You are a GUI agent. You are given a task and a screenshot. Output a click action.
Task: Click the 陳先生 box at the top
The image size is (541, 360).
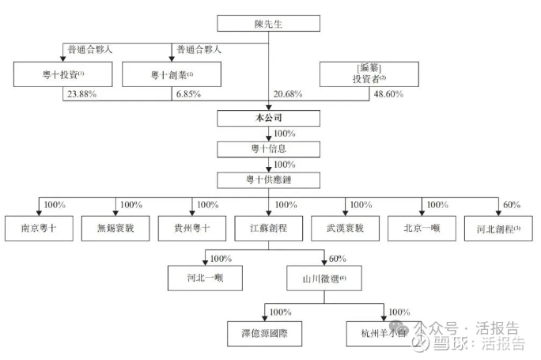pos(268,23)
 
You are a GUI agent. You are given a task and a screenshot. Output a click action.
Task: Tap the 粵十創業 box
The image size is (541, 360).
pos(172,75)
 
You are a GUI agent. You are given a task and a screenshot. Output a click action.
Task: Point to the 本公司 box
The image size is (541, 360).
pos(268,119)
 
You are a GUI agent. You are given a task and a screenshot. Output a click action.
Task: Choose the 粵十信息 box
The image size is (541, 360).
pos(268,149)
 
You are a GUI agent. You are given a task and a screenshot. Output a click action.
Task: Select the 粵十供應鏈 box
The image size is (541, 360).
pos(268,180)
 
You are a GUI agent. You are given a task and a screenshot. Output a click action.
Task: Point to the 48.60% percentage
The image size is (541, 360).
pos(388,95)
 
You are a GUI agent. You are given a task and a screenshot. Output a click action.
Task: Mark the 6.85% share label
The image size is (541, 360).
pos(187,95)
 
